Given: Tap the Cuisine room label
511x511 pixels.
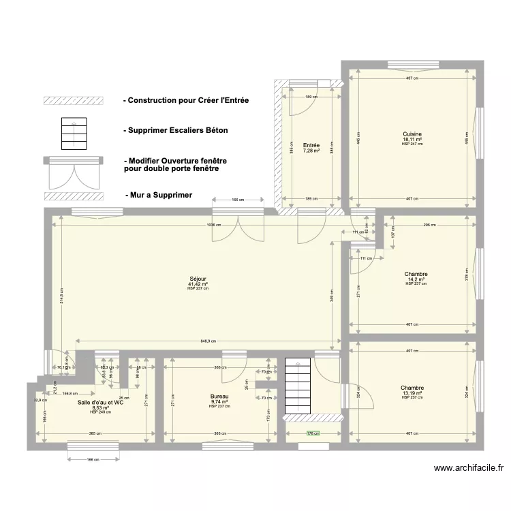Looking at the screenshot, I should point(412,134).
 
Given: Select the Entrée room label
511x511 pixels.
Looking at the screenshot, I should point(311,144).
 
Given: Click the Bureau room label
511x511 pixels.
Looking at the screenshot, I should point(219,396).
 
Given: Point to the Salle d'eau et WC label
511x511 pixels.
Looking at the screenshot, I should point(100,402).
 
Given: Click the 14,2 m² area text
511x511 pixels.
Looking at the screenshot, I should point(415,279).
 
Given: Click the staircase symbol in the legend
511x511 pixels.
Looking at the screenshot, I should point(74,134).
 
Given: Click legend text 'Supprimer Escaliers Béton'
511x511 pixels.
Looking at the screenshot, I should point(176,130).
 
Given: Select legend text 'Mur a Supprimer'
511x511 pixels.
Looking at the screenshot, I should point(158,195).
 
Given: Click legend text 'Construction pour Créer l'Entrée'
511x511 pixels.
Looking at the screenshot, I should point(186,100).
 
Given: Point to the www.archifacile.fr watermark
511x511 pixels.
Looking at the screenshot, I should point(469,467).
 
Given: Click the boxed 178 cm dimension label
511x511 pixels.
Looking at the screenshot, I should point(313,433).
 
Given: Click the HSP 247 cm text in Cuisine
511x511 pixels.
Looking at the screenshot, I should point(412,144).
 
